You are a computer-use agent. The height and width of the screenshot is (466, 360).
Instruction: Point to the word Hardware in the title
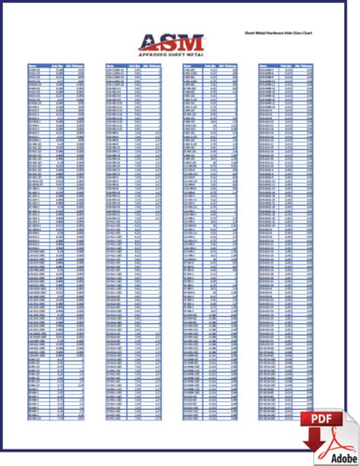tap(274, 35)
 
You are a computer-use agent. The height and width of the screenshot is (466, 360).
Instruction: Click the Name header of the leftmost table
tap(33, 66)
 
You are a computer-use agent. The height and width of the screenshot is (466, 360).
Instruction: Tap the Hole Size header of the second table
tap(133, 66)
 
